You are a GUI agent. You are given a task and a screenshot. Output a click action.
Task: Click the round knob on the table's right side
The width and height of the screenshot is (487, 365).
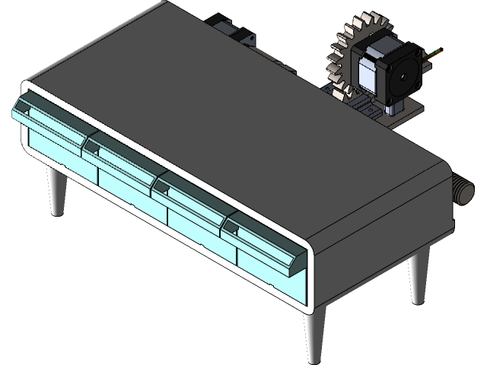(x=462, y=190)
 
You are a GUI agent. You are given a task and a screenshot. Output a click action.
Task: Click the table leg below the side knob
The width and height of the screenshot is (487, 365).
(x=418, y=278)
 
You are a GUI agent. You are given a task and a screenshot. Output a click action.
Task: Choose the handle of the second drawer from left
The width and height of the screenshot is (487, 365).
(x=122, y=156)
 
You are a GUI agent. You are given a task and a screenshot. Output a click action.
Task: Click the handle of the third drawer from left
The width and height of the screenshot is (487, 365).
(x=191, y=195)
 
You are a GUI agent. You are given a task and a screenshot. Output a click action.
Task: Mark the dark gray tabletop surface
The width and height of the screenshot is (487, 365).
(x=228, y=114)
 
